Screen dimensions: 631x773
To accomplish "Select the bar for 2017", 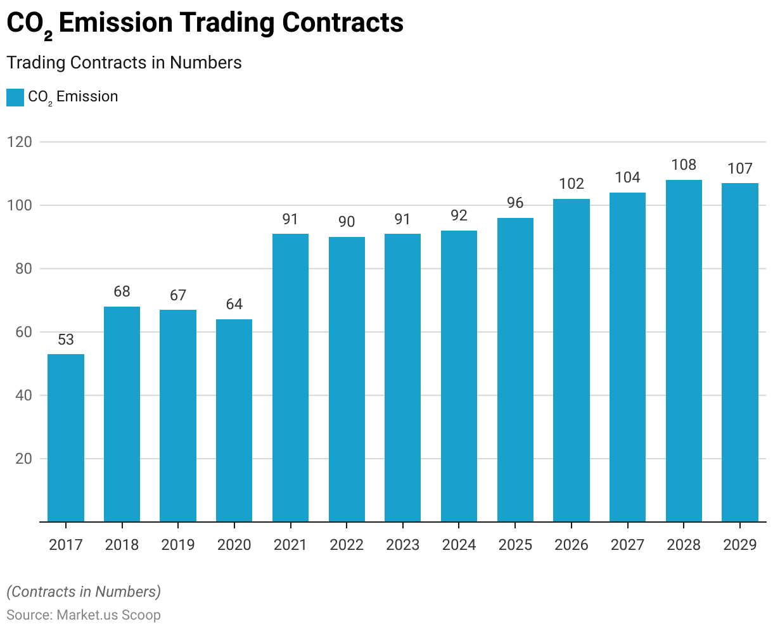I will [x=66, y=437].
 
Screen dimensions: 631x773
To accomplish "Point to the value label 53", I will [x=66, y=339].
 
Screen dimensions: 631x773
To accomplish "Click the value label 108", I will [x=684, y=165].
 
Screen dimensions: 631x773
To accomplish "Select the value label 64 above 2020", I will [x=234, y=304].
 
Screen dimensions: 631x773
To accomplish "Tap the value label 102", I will [x=572, y=184].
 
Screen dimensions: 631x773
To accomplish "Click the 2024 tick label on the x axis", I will [x=459, y=545].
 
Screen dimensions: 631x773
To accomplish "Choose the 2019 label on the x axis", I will [x=178, y=545].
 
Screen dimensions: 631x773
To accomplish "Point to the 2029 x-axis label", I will [x=740, y=545].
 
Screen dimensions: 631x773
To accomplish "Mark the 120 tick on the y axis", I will [x=20, y=142].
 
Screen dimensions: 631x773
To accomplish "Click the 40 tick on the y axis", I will [x=23, y=395].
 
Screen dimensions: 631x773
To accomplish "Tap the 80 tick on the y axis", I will [x=23, y=269].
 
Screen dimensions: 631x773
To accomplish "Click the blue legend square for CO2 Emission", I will [x=15, y=98].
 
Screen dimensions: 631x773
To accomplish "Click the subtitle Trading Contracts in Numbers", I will [x=124, y=63].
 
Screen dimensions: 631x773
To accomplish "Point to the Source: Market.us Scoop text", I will [x=84, y=615].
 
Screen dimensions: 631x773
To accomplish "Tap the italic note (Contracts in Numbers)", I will [x=84, y=592].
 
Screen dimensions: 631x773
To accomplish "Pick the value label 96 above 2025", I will [x=515, y=203].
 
